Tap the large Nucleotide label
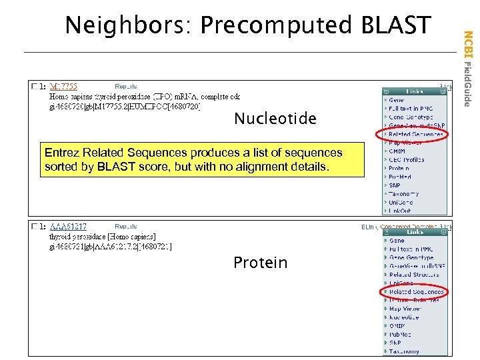(x=275, y=119)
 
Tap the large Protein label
(x=260, y=263)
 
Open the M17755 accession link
(x=64, y=86)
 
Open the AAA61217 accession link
(x=68, y=227)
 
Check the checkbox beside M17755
(x=34, y=86)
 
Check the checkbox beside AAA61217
(x=34, y=227)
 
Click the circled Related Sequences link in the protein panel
(x=416, y=291)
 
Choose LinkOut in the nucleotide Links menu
(x=400, y=210)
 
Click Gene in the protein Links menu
(x=396, y=241)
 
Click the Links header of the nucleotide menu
(x=414, y=91)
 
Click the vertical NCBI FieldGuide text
(x=468, y=67)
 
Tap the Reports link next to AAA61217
(x=126, y=227)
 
